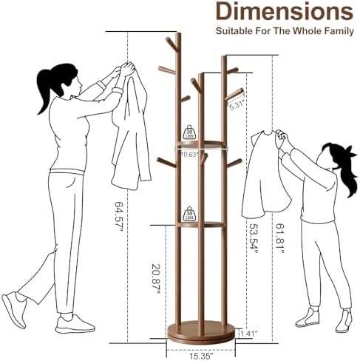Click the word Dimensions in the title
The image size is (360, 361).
[285, 12]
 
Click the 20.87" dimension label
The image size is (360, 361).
[156, 279]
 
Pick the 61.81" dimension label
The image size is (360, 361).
[279, 239]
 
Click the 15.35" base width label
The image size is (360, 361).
[201, 356]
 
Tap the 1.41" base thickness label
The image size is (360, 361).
[249, 334]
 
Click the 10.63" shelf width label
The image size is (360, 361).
[189, 155]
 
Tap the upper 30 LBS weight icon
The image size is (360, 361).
[189, 132]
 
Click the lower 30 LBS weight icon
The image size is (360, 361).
[189, 214]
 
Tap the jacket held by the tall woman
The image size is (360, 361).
[132, 128]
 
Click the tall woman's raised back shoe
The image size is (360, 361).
[16, 310]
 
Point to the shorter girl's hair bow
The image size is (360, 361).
[350, 152]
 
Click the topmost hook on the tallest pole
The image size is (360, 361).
[171, 43]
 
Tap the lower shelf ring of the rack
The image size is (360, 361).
[200, 225]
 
